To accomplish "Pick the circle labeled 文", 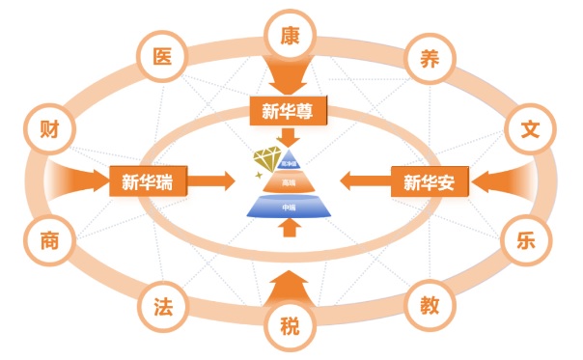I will [x=529, y=128].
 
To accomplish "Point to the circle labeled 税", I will [x=290, y=324].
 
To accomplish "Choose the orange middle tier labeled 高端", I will [x=290, y=181].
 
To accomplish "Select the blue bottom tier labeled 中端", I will [x=290, y=206].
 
